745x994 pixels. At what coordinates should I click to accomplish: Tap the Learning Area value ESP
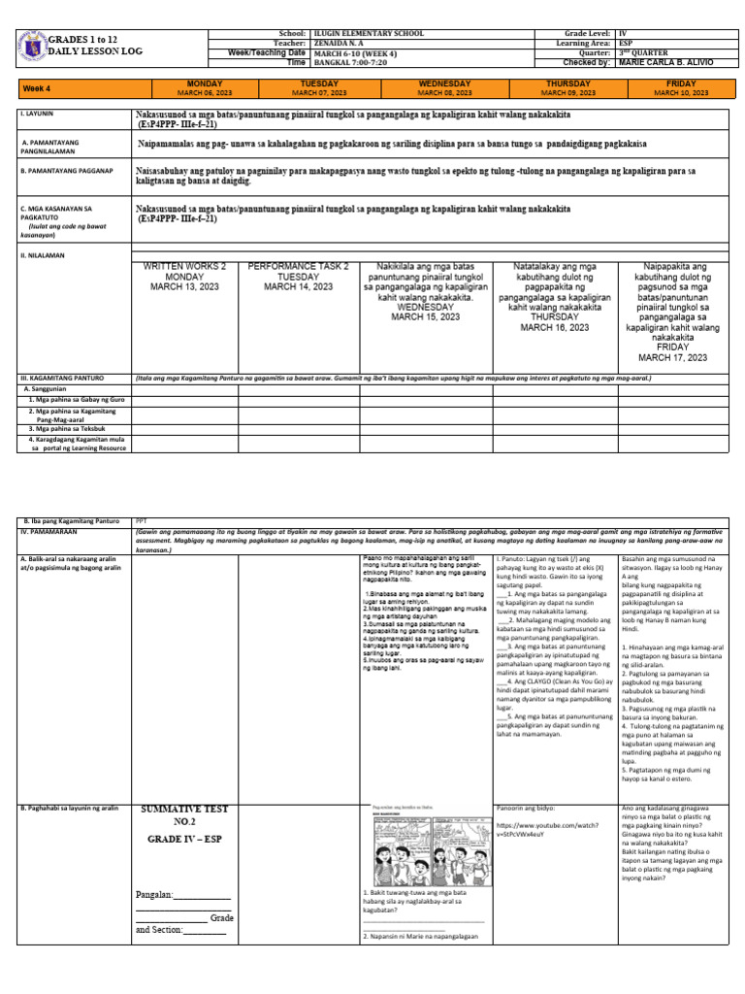[x=627, y=43]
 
